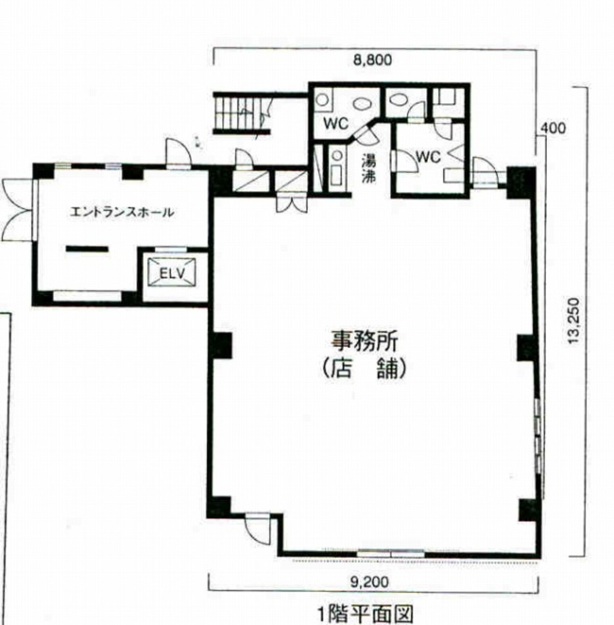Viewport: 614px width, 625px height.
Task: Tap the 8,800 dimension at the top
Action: coord(372,60)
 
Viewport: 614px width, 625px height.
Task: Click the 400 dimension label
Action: coord(553,129)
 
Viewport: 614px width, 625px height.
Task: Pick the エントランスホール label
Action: coord(122,213)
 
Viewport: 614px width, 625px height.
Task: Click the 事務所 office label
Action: coord(364,342)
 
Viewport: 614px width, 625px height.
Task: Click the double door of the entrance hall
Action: coord(16,210)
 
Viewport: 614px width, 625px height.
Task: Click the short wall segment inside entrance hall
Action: coord(87,249)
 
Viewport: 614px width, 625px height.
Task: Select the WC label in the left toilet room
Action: coord(336,123)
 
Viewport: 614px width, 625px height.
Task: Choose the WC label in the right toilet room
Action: coord(429,157)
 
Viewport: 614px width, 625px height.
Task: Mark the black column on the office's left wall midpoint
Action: coord(220,346)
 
